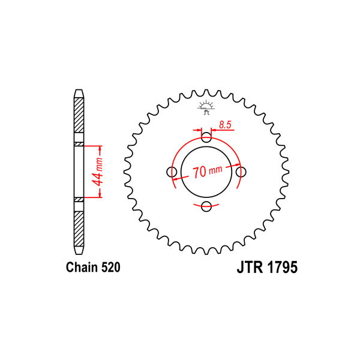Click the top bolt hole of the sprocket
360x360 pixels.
click(x=206, y=137)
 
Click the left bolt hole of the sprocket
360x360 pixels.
click(x=172, y=172)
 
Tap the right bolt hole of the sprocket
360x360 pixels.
click(x=241, y=172)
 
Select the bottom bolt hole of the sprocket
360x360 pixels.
click(x=206, y=206)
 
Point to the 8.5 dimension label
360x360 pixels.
click(x=225, y=125)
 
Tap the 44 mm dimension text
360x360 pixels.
click(x=98, y=172)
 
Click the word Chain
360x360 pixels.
click(x=82, y=267)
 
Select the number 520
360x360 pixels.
click(x=111, y=268)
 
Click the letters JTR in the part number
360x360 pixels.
click(x=250, y=267)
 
